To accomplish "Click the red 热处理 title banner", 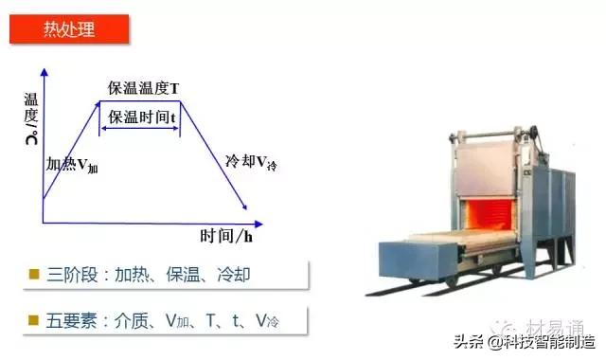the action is pos(71,28).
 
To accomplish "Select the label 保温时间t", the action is pos(142,117).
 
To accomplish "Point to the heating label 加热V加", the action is pos(72,164).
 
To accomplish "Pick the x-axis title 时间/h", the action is pos(227,235).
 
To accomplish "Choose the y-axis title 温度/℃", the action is pos(32,117).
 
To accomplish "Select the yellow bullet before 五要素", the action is pos(34,321).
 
